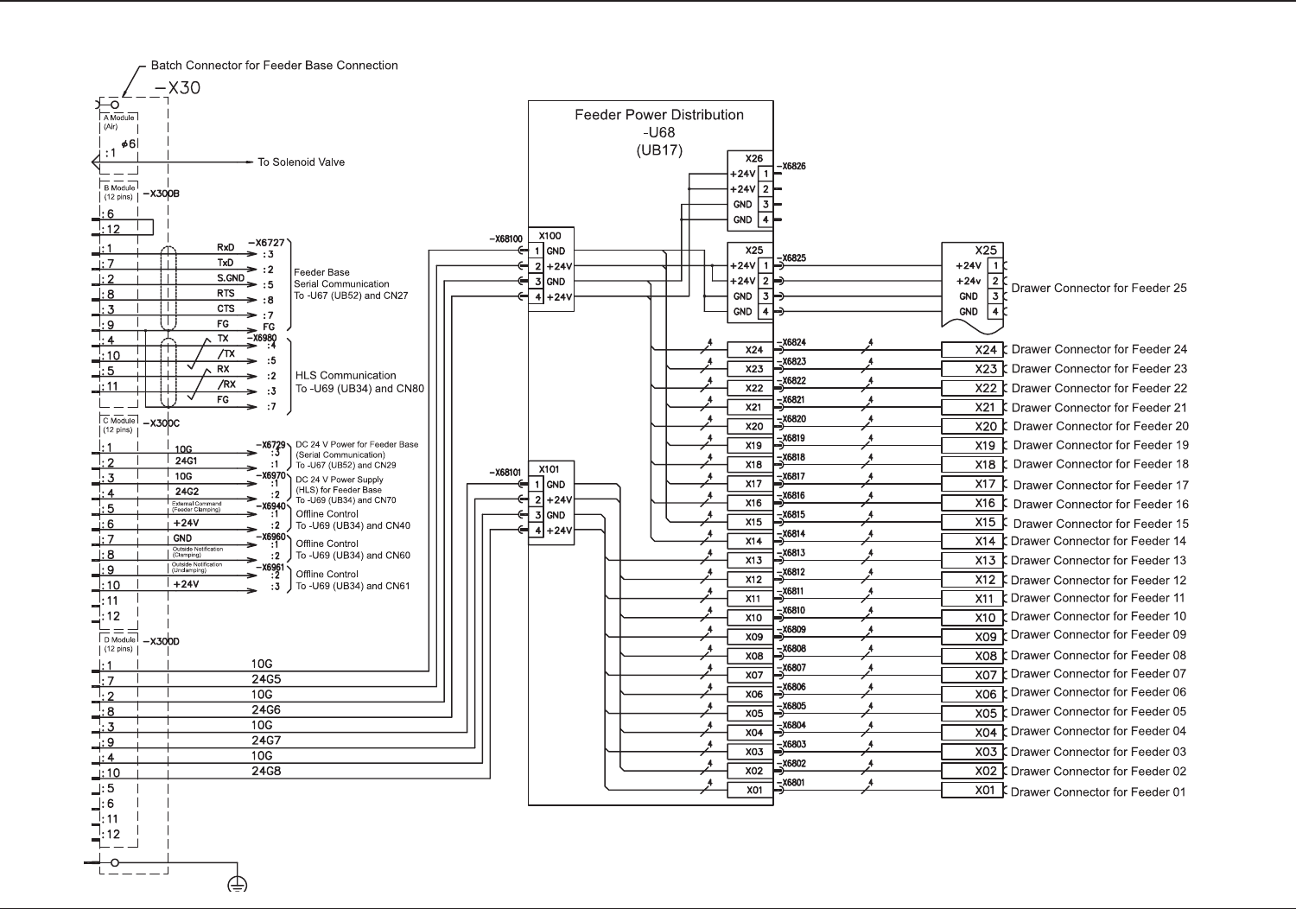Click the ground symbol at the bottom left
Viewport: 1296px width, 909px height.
237,883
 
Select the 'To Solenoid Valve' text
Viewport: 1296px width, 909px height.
301,162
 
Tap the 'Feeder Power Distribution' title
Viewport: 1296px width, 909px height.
659,115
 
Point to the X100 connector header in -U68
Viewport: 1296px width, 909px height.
550,235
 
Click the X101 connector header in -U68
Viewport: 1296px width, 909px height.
550,469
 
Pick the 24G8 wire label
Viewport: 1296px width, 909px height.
266,771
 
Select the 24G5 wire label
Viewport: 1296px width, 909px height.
266,679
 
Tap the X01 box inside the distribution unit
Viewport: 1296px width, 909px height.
754,790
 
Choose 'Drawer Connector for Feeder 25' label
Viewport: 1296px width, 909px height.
1099,288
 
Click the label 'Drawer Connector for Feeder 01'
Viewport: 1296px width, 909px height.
1098,792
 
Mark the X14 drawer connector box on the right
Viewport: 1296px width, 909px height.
972,542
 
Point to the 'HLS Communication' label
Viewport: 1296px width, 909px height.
346,376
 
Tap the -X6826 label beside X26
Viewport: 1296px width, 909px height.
791,167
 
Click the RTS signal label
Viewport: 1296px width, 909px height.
226,294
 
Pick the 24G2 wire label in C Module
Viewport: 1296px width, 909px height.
186,493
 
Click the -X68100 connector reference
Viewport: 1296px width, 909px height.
505,238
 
